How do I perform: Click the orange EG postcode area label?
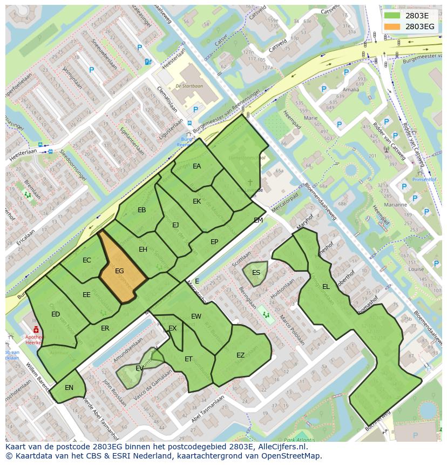click(120, 271)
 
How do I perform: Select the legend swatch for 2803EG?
click(392, 26)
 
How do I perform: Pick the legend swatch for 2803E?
click(392, 16)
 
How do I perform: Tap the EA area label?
click(197, 166)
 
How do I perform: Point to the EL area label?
click(326, 287)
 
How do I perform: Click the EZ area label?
click(241, 355)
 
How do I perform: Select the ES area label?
click(256, 272)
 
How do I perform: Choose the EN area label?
click(69, 388)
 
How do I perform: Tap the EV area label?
click(139, 368)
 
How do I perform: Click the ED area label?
click(56, 314)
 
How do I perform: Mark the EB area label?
click(141, 210)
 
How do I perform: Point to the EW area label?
click(196, 316)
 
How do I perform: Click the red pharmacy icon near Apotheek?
click(36, 329)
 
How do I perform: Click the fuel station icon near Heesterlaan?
click(148, 62)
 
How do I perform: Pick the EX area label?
click(172, 328)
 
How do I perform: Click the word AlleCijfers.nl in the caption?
click(281, 447)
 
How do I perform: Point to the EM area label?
click(258, 220)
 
